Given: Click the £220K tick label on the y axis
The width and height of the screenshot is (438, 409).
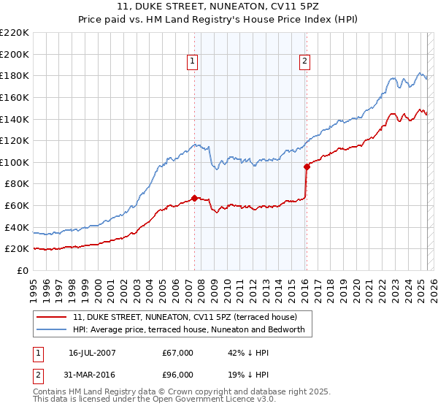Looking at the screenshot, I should [15, 33].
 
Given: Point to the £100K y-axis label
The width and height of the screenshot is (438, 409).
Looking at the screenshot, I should [15, 162].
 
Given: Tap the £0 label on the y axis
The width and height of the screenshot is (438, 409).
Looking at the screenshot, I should [23, 270].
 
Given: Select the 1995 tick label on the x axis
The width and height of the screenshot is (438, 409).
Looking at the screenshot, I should [34, 285].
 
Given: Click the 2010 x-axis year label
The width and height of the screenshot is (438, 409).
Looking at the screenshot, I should [227, 285].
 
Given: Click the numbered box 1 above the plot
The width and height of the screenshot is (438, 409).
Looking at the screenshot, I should [192, 62].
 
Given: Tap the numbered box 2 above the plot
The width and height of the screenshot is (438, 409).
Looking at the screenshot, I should [304, 62].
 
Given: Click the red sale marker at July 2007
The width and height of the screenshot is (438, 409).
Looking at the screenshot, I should [194, 197].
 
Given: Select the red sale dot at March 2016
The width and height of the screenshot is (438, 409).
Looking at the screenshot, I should [307, 167].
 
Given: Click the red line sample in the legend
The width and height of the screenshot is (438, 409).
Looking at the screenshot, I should [52, 317].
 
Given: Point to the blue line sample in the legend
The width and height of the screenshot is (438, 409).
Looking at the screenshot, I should [52, 330].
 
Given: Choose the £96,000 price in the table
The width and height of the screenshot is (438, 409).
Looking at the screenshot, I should [178, 374].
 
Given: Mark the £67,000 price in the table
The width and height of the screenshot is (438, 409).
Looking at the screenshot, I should [178, 353].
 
